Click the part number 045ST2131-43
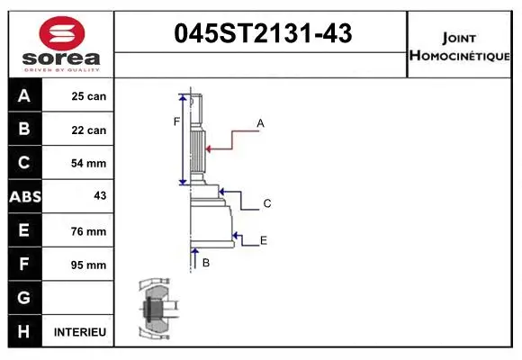(261, 34)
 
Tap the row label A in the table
(24, 96)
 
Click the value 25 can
(88, 96)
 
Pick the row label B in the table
(24, 130)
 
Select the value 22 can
(88, 130)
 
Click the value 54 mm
(88, 164)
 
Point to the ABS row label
(24, 197)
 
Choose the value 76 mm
(88, 231)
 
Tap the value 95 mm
(88, 265)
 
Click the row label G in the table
(24, 298)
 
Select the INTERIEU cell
(80, 332)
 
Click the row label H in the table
(24, 332)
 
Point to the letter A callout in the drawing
(260, 122)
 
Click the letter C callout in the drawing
(267, 204)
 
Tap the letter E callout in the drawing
(264, 240)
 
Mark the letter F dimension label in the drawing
(177, 121)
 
